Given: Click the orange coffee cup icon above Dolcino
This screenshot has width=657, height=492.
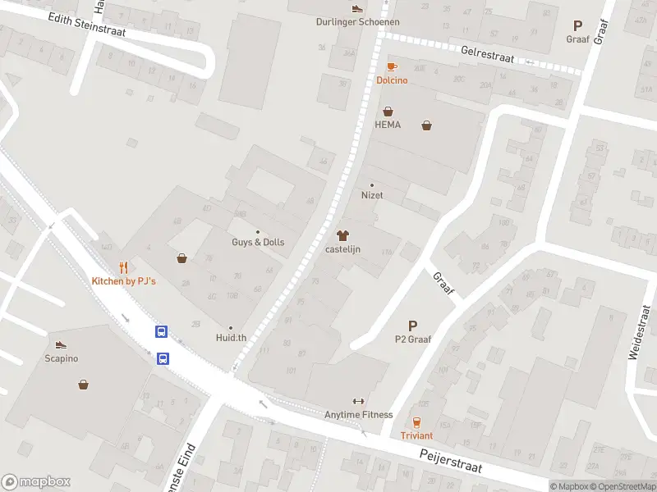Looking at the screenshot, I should tap(392, 67).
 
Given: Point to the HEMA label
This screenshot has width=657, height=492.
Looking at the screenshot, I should tap(387, 125).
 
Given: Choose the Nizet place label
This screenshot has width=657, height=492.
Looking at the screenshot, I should tap(372, 196).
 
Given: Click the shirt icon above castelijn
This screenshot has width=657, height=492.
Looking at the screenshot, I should tap(343, 235).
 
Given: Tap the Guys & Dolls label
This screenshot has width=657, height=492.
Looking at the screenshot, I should tap(258, 243).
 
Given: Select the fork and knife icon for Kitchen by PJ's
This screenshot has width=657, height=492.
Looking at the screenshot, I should tap(123, 267).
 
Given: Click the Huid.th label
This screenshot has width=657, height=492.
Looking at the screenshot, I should tap(231, 338).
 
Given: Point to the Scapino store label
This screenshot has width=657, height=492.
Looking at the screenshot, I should tap(61, 358).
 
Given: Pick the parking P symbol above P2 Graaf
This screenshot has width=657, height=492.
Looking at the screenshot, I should tap(412, 326).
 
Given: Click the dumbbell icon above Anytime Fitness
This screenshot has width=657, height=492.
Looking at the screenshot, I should tap(358, 401).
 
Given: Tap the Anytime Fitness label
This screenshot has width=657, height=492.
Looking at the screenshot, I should tap(358, 415).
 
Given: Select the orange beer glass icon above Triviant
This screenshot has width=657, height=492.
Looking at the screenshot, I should tap(416, 422).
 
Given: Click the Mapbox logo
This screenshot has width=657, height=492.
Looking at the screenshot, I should tap(36, 482).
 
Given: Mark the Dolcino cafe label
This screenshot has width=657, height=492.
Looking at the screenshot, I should tap(392, 80).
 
